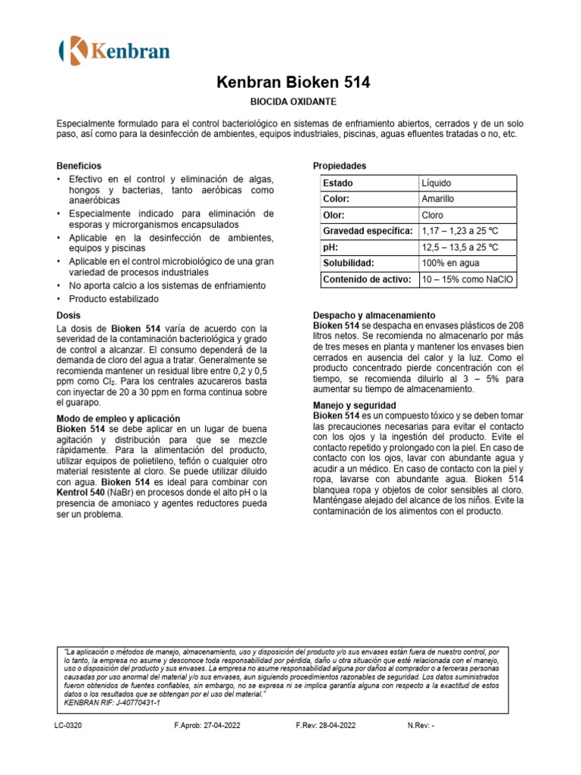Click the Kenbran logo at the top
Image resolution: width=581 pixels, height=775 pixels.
click(x=114, y=50)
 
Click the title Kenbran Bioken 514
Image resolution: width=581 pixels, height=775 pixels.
click(x=294, y=82)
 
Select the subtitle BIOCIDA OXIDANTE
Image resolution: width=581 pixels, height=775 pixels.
click(x=294, y=101)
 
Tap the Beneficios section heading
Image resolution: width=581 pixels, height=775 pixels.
click(x=79, y=166)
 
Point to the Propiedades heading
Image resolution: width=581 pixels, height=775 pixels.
click(x=340, y=166)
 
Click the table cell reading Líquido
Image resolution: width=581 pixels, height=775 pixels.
click(x=436, y=183)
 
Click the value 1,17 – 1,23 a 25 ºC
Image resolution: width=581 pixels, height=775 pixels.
click(x=460, y=231)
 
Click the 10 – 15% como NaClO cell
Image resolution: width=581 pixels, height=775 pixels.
click(x=467, y=279)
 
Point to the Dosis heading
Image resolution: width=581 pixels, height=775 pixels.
click(x=69, y=315)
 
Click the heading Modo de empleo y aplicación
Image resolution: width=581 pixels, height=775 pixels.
click(x=119, y=419)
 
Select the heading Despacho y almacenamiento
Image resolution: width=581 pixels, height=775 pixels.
click(x=374, y=315)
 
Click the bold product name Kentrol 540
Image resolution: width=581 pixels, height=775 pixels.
click(x=83, y=493)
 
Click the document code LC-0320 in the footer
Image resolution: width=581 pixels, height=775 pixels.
click(x=68, y=725)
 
